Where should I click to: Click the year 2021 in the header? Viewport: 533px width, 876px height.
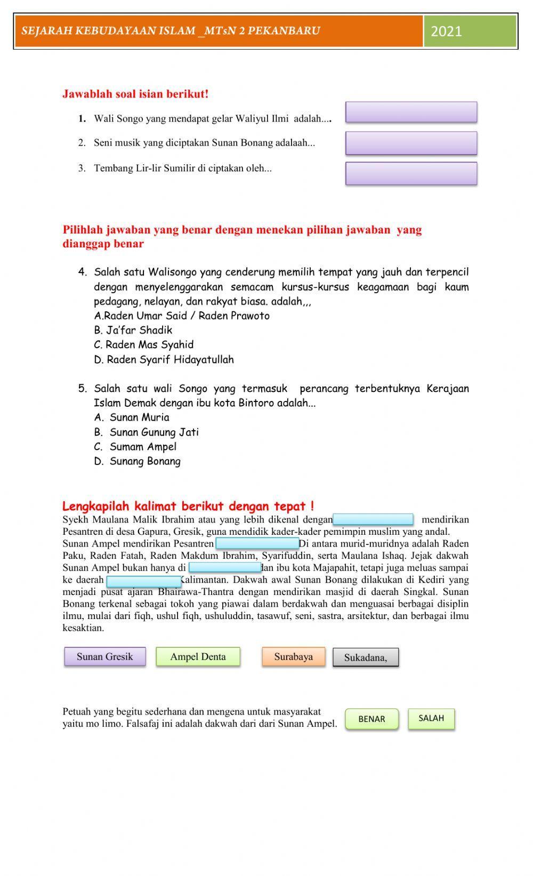click(446, 31)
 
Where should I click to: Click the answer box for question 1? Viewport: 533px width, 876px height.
click(411, 112)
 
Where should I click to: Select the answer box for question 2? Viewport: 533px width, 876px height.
click(411, 143)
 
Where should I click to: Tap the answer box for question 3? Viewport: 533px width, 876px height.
click(411, 174)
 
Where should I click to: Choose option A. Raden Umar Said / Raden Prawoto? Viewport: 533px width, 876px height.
click(182, 316)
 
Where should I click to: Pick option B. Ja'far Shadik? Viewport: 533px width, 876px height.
click(133, 330)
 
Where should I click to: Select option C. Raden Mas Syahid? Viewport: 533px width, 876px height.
click(144, 344)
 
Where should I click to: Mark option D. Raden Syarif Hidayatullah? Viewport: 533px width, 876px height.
click(164, 359)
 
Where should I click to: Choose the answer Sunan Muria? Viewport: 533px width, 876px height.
click(139, 417)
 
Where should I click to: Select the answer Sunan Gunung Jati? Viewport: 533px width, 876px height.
click(154, 432)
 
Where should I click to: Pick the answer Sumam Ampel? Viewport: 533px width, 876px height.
click(143, 447)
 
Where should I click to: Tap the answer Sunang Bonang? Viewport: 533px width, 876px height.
click(145, 461)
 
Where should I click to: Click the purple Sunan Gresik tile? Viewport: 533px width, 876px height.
click(105, 656)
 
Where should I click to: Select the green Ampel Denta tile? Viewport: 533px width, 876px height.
click(198, 656)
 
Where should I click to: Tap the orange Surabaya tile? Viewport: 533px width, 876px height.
click(293, 656)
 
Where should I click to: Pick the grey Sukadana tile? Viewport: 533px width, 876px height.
click(366, 657)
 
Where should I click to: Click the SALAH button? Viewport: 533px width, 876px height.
click(431, 718)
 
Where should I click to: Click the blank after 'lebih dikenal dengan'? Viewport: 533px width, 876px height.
click(373, 519)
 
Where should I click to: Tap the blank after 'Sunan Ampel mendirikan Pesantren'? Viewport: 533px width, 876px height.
click(257, 544)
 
